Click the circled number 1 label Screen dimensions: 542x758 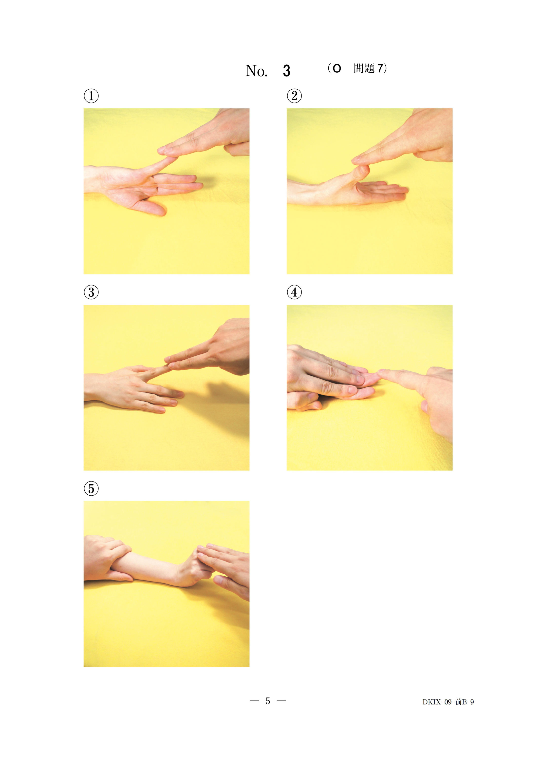91,96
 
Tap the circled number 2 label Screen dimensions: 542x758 294,96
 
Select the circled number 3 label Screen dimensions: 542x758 91,292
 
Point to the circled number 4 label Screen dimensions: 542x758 294,292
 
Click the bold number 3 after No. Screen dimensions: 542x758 286,71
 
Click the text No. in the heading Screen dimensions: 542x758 256,71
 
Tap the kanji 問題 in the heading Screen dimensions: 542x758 364,68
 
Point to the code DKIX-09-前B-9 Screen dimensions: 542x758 448,702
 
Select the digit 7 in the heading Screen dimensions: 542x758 380,68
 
